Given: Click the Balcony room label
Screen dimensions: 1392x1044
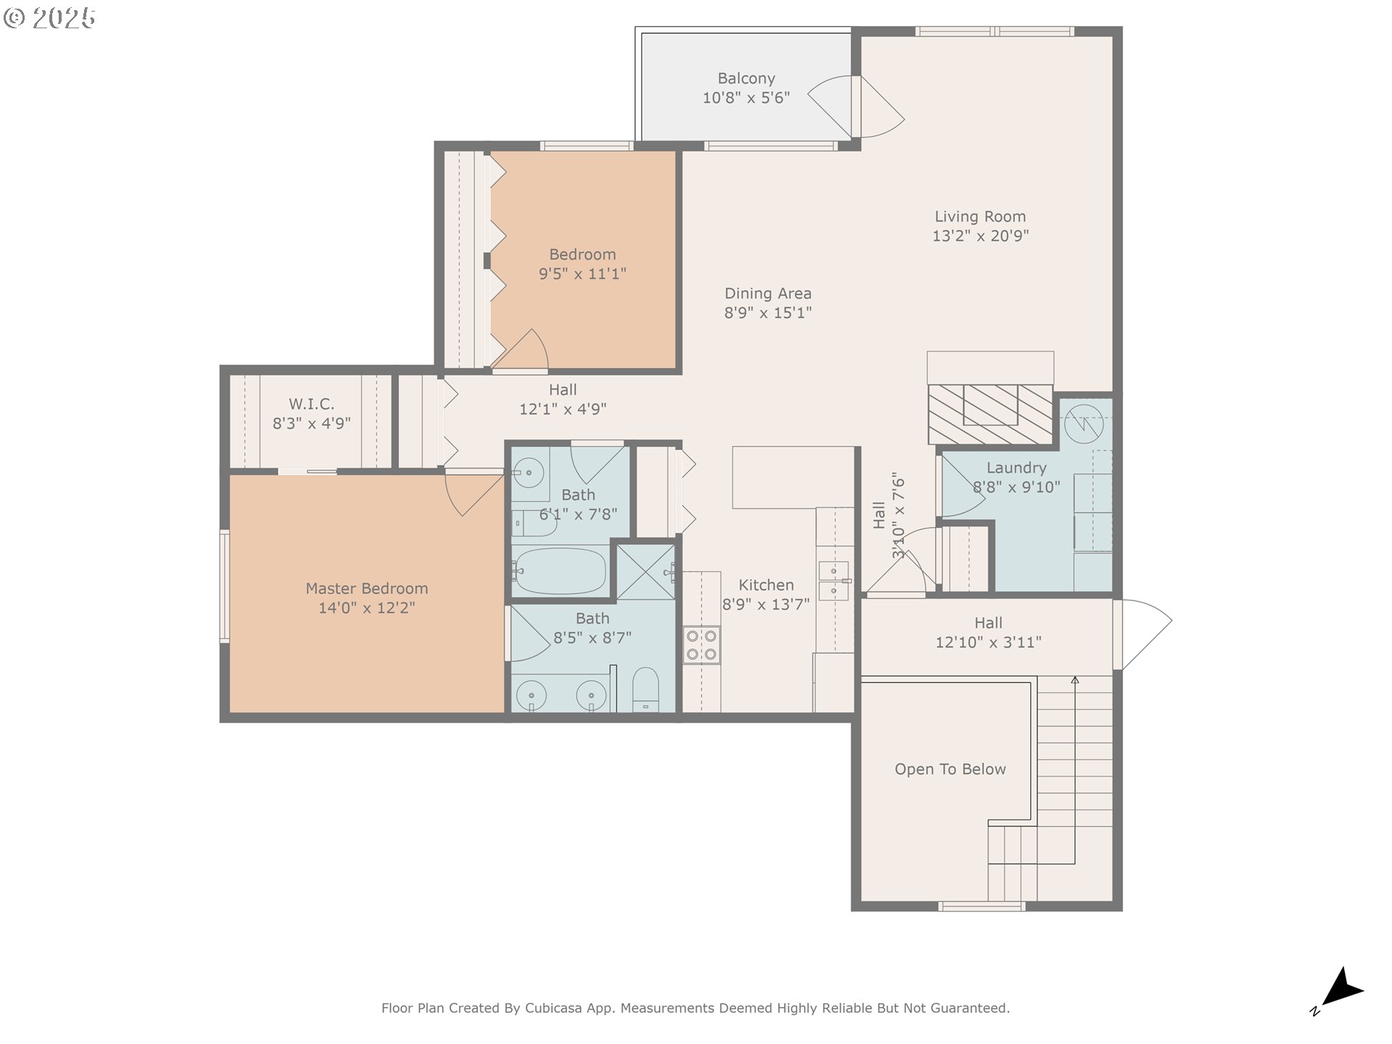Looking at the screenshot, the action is [x=746, y=78].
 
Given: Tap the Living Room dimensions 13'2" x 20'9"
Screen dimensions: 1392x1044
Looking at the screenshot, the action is [x=980, y=236].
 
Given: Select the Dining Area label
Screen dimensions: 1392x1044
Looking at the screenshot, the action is [x=768, y=294].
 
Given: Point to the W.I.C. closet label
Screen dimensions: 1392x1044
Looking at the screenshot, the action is [x=312, y=404].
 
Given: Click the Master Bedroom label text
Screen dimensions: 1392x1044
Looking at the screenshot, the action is [x=367, y=589].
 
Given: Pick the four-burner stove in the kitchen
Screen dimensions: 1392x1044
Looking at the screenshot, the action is [x=702, y=645].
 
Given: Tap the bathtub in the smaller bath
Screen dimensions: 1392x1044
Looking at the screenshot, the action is [x=560, y=571].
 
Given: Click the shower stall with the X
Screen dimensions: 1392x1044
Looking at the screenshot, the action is [x=645, y=572].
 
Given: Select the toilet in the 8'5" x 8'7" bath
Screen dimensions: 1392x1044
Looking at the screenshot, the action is [x=645, y=689].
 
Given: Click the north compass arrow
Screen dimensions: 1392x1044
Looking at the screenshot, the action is [x=1342, y=988].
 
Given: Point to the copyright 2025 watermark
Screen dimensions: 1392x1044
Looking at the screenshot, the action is [x=49, y=18].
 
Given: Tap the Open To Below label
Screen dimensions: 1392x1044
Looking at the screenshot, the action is [x=950, y=769].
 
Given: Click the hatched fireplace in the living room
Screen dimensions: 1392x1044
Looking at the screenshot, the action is [x=990, y=414].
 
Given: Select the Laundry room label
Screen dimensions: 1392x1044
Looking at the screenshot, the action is [x=1016, y=468].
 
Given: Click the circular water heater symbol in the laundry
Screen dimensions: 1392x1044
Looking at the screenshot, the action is [x=1084, y=423].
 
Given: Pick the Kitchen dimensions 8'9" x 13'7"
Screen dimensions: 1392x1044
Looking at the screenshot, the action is [x=766, y=604].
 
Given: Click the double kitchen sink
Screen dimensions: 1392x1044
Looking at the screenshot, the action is [x=834, y=581].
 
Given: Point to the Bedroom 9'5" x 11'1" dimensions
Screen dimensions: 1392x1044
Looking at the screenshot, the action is [x=582, y=274].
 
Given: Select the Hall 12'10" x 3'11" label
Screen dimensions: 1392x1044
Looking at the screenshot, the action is [x=988, y=632].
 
